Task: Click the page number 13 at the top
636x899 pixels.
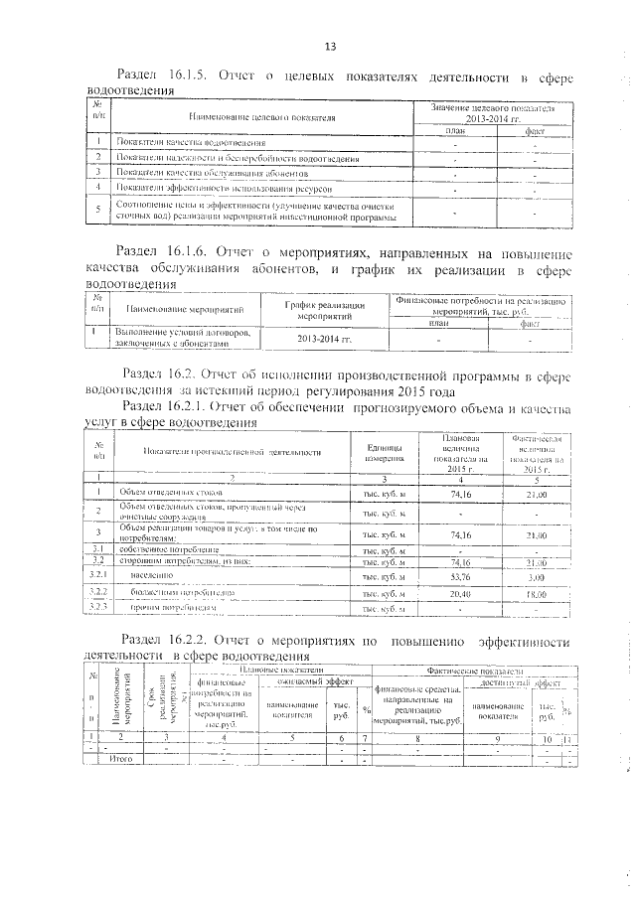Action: [x=331, y=46]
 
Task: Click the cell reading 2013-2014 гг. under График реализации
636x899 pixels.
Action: [x=325, y=339]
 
